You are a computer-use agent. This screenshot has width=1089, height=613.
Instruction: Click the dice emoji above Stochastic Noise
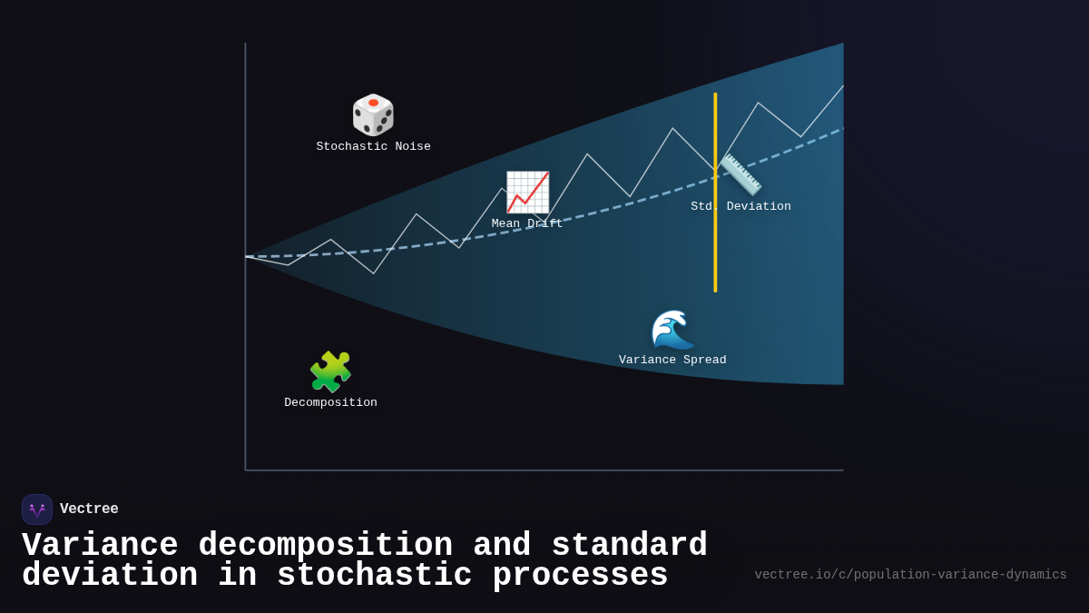click(x=373, y=115)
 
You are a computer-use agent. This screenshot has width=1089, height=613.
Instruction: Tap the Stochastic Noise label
click(x=373, y=147)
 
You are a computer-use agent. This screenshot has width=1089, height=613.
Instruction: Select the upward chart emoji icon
click(x=527, y=193)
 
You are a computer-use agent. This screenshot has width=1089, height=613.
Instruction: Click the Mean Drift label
click(x=527, y=224)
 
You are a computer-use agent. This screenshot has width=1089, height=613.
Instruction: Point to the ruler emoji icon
click(x=741, y=174)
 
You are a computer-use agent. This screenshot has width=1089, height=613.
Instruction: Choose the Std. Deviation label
click(x=741, y=207)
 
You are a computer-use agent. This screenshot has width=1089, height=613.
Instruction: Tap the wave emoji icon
click(x=672, y=329)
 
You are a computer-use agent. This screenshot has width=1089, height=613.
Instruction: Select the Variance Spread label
click(x=672, y=361)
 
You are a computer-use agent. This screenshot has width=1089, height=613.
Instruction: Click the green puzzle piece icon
click(x=330, y=372)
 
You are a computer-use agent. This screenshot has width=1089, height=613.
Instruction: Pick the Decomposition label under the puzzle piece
click(x=330, y=403)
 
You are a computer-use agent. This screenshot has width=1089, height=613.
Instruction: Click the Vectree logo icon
click(x=37, y=509)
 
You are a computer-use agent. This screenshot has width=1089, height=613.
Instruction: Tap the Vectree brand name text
click(x=89, y=509)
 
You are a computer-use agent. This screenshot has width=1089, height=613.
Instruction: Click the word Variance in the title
click(x=100, y=546)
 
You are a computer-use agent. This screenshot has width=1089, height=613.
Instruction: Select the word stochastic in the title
click(x=375, y=576)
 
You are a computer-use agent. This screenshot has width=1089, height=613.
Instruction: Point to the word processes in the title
click(x=580, y=576)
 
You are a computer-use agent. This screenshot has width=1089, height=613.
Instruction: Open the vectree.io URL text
click(x=910, y=575)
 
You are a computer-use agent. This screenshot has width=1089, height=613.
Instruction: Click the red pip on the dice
click(x=373, y=103)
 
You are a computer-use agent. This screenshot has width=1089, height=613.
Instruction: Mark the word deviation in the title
click(x=110, y=576)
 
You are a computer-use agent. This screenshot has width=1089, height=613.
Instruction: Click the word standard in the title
click(x=629, y=546)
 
